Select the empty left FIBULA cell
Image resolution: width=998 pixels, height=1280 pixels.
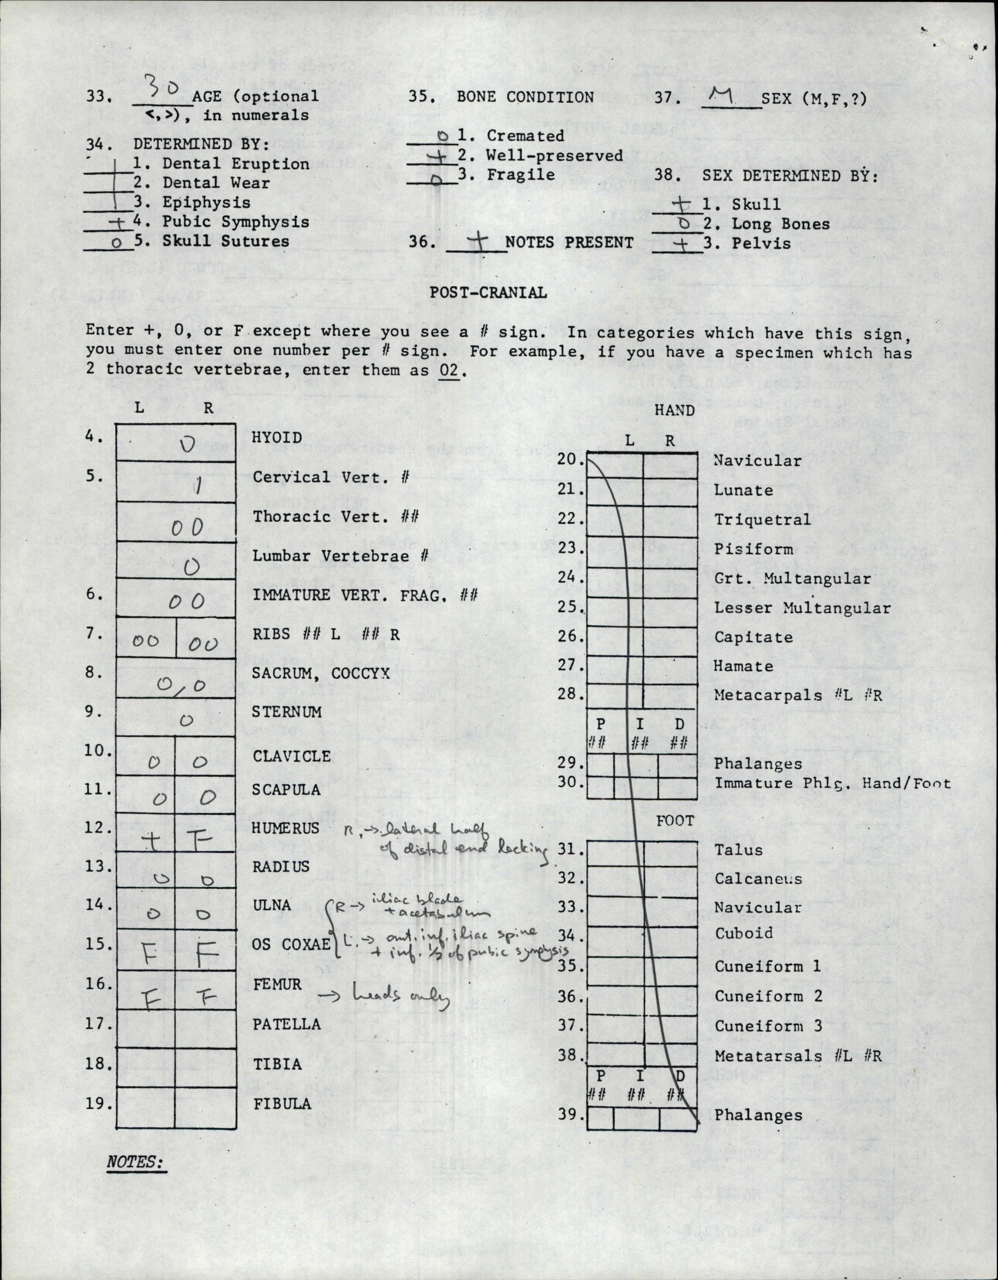[145, 1108]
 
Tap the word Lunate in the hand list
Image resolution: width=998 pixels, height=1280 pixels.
[743, 490]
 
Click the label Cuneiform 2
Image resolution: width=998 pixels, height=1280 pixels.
[768, 996]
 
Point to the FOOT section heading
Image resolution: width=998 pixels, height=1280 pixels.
[675, 821]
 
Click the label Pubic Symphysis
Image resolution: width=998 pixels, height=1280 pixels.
[235, 222]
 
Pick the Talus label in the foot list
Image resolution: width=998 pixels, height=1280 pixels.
[738, 850]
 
